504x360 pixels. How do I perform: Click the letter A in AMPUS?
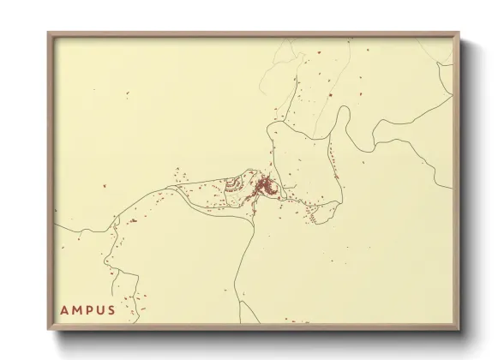tap(63, 309)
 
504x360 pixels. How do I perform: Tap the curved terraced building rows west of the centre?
tap(233, 185)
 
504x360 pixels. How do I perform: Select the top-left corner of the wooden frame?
tap(49, 33)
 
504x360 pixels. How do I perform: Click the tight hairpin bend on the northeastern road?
tap(346, 110)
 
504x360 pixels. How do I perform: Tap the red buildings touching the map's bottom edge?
tap(296, 321)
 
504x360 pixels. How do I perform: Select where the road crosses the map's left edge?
tap(57, 225)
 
